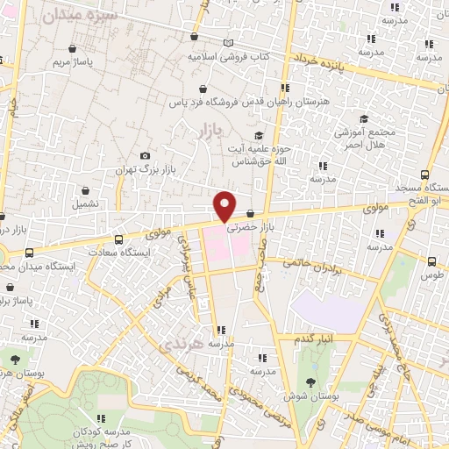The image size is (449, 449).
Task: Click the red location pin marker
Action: tap(225, 206)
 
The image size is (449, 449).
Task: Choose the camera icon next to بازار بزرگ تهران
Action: tap(145, 155)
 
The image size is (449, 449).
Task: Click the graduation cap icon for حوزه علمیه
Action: tap(258, 134)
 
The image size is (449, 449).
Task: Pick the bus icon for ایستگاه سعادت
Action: tap(118, 239)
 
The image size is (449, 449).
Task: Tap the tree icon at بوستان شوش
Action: tap(310, 381)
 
